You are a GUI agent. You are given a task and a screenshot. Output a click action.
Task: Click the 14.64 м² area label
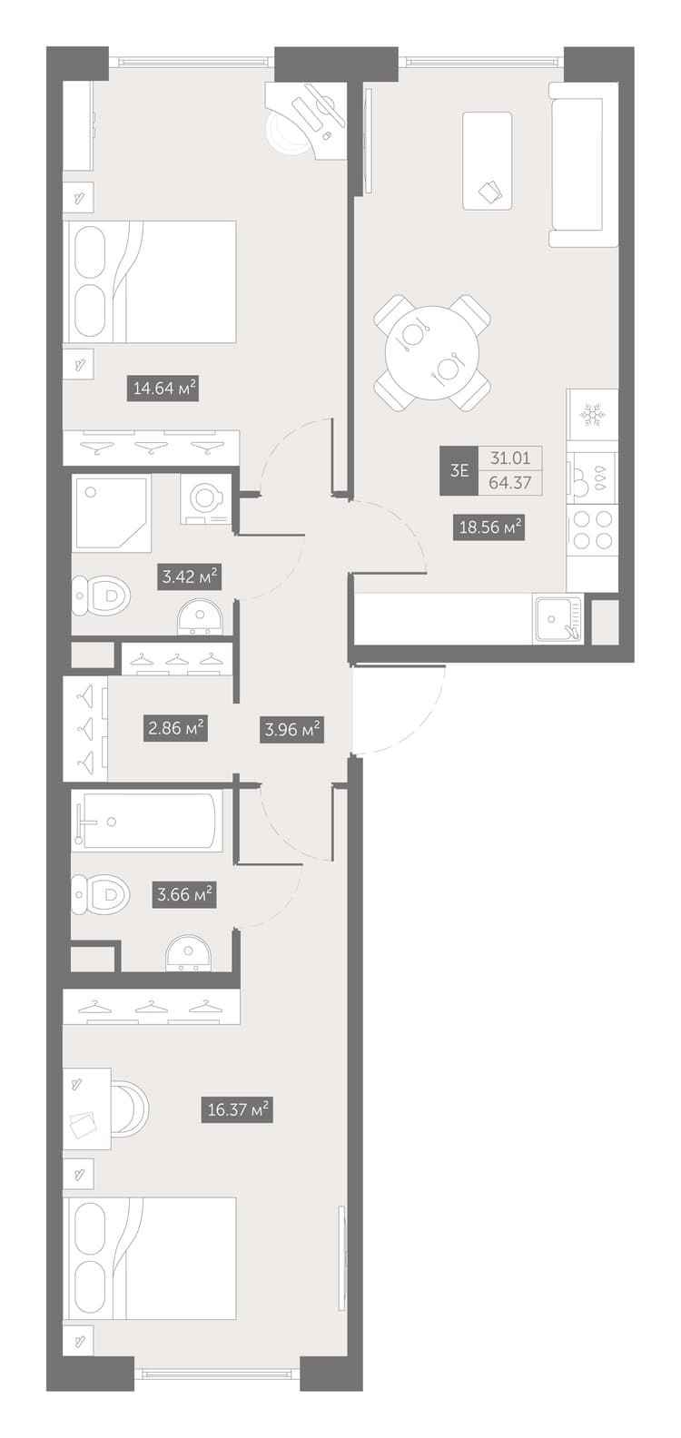pyautogui.click(x=163, y=388)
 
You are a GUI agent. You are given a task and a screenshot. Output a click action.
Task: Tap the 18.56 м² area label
pyautogui.click(x=489, y=527)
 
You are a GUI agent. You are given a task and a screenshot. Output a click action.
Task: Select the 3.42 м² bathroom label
pyautogui.click(x=190, y=576)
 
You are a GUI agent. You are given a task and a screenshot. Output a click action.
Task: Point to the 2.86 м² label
pyautogui.click(x=175, y=729)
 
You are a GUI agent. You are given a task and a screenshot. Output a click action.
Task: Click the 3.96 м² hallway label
pyautogui.click(x=292, y=730)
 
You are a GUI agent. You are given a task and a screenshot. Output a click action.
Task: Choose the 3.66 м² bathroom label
pyautogui.click(x=184, y=894)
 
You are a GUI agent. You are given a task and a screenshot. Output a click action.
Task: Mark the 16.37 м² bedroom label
pyautogui.click(x=238, y=1109)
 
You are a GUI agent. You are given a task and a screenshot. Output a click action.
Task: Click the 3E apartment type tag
pyautogui.click(x=459, y=470)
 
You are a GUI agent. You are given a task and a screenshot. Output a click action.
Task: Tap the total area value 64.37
pyautogui.click(x=510, y=483)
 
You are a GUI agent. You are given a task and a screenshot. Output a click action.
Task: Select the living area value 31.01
pyautogui.click(x=510, y=458)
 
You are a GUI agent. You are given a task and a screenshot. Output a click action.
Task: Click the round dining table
pyautogui.click(x=432, y=352)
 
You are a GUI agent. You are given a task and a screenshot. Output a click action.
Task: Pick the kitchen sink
pyautogui.click(x=558, y=619)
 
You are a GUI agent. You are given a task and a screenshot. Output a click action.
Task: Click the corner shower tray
pyautogui.click(x=113, y=514)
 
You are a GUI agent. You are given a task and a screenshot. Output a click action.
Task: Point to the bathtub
pyautogui.click(x=147, y=821)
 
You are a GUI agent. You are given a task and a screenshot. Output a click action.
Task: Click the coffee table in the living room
pyautogui.click(x=488, y=161)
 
